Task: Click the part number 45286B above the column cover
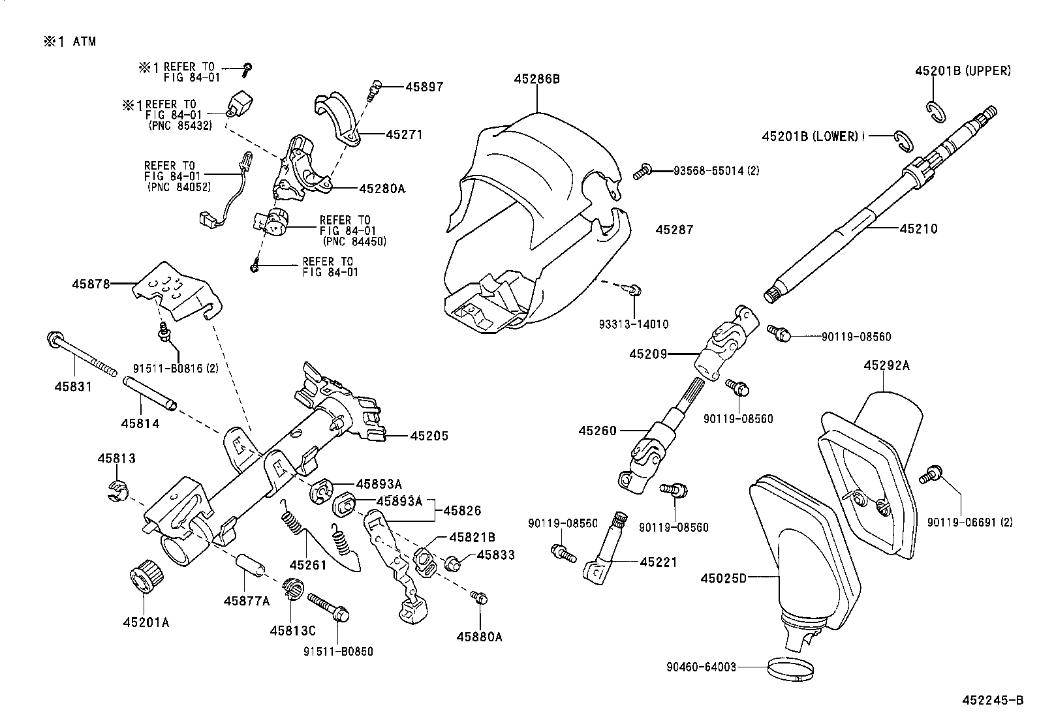coord(536,79)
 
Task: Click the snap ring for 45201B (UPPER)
coord(937,112)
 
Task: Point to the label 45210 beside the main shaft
coord(918,229)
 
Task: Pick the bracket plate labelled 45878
coord(176,290)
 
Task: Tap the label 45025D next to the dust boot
coord(723,578)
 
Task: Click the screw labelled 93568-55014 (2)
coord(642,172)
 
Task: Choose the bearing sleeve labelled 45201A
coord(146,574)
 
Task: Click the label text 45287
coord(674,230)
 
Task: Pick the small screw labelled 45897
coord(375,89)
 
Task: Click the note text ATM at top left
coord(84,42)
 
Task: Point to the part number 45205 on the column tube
coord(429,436)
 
